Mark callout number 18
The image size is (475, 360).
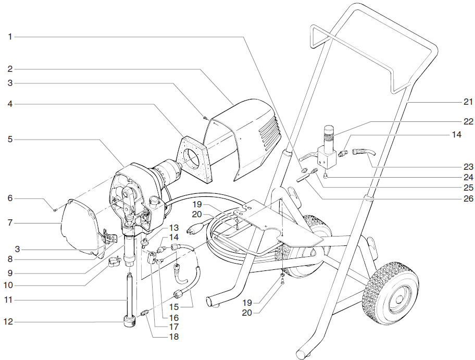(173, 337)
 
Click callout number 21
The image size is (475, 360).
(467, 101)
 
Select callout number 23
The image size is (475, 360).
(467, 167)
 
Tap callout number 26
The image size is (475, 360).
(467, 198)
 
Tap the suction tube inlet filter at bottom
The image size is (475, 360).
(128, 319)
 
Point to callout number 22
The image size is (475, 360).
(467, 121)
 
